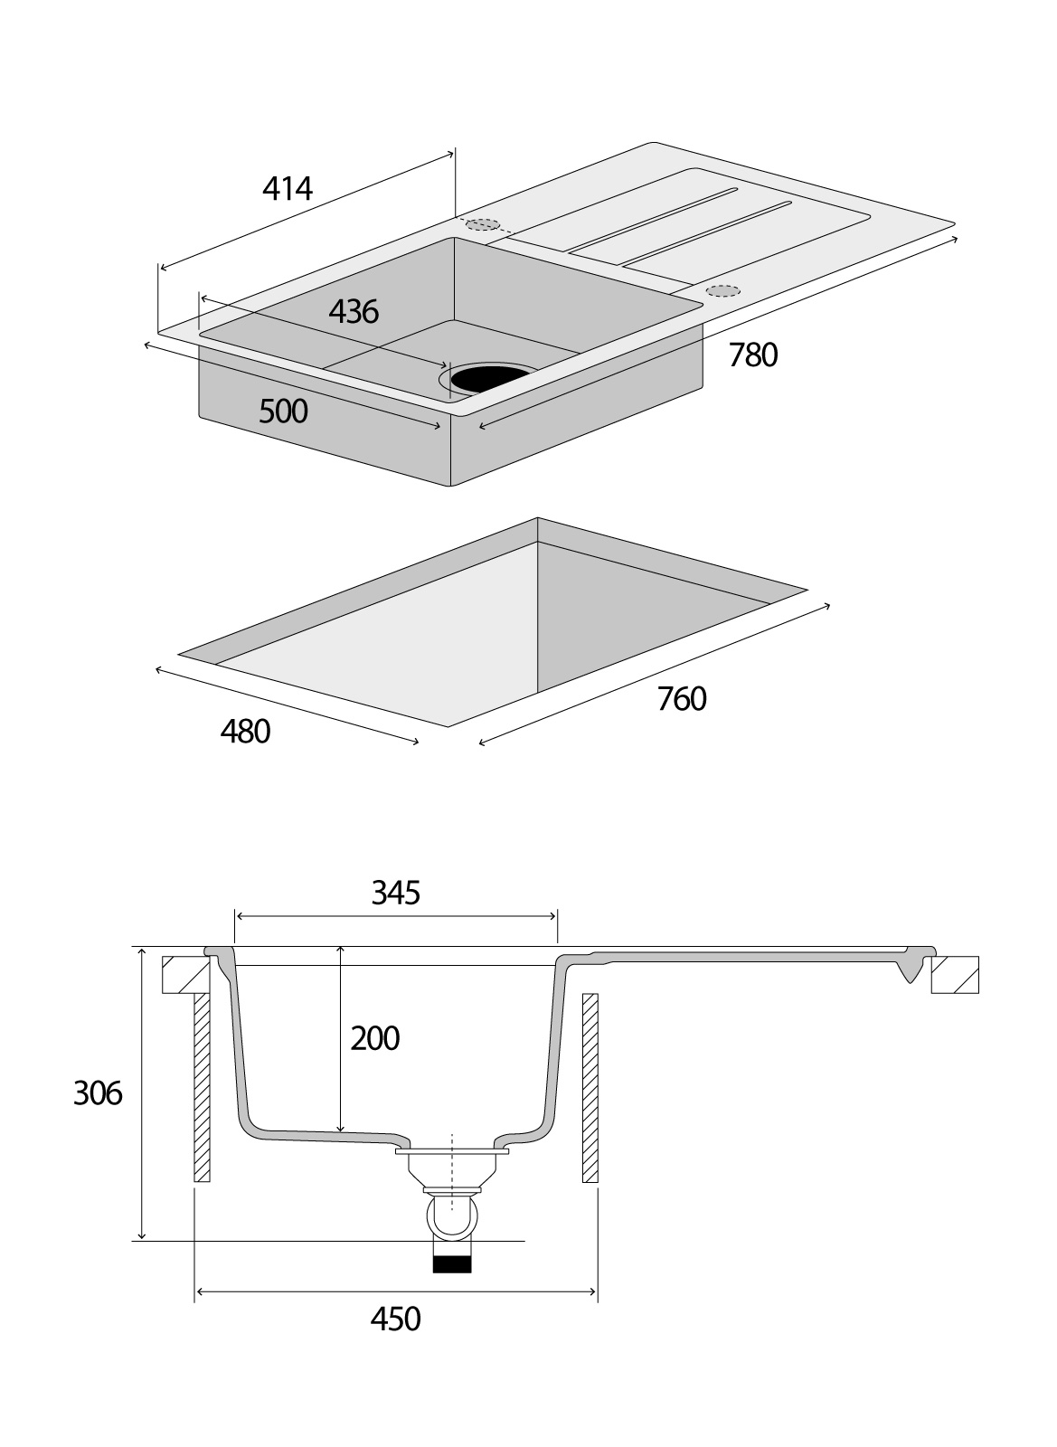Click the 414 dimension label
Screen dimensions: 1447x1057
tap(287, 188)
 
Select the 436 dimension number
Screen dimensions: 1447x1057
tap(353, 312)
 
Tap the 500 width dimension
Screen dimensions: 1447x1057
tap(283, 411)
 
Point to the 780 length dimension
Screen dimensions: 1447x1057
tap(752, 355)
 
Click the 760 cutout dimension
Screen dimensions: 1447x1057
tap(681, 699)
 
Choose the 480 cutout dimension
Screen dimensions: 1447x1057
tap(245, 732)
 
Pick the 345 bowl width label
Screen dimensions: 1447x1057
tap(396, 894)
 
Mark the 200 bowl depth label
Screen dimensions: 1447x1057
tap(374, 1038)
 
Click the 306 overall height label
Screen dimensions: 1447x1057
tap(98, 1093)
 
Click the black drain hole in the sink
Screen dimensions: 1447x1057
tap(491, 377)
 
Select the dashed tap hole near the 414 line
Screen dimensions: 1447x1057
tap(483, 224)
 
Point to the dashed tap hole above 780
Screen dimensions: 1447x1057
tap(723, 290)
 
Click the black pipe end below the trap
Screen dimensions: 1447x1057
tap(453, 1263)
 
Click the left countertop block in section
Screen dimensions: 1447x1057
tap(185, 975)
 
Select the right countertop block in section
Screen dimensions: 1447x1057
tap(955, 975)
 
